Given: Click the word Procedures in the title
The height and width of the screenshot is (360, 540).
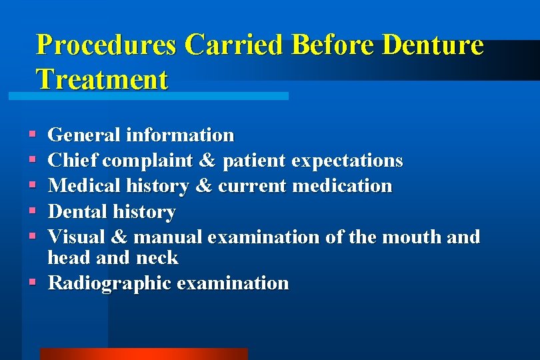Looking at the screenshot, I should (x=107, y=45).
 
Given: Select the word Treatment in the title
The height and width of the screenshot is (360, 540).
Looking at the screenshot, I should (x=102, y=79).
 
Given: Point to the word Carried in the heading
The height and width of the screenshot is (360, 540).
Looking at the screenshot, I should (x=235, y=45).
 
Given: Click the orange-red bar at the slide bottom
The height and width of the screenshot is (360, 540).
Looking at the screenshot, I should (x=143, y=353).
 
